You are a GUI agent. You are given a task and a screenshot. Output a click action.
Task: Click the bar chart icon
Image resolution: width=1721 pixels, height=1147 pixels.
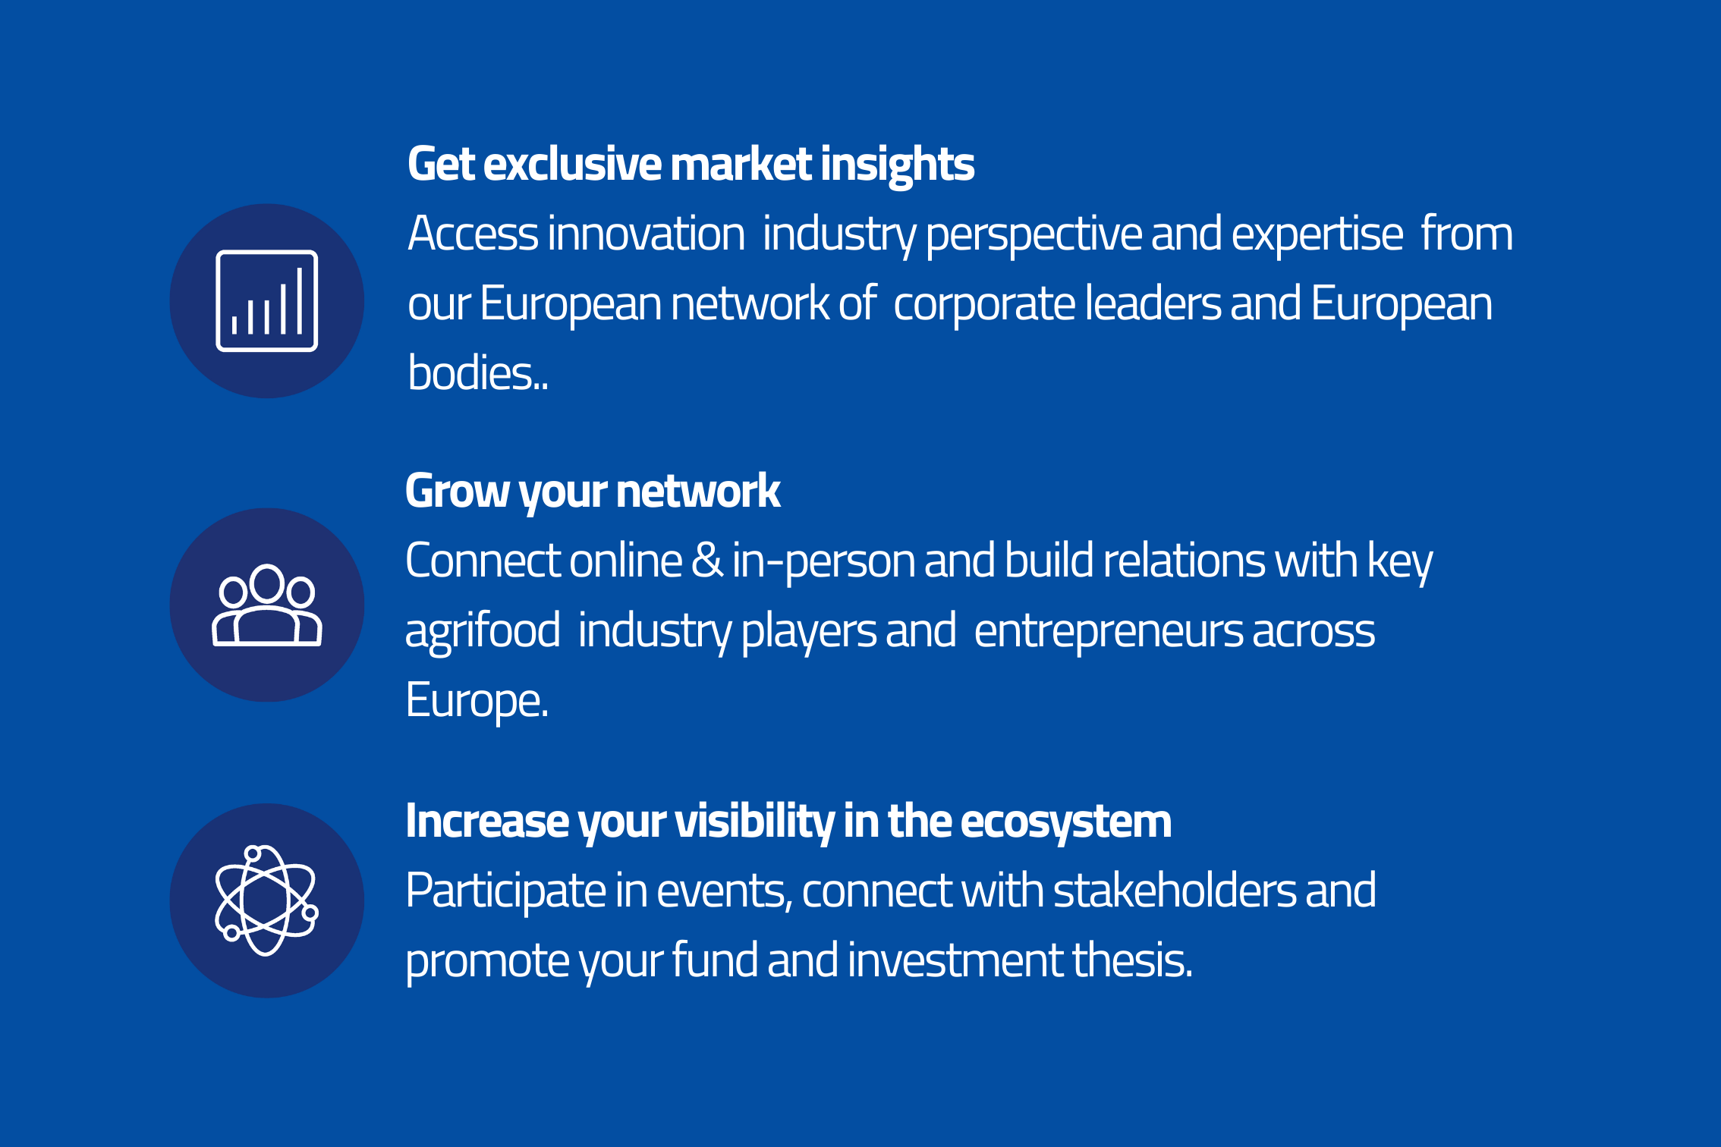pyautogui.click(x=266, y=300)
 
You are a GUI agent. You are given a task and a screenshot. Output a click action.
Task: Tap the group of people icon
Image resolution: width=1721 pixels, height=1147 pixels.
pyautogui.click(x=266, y=605)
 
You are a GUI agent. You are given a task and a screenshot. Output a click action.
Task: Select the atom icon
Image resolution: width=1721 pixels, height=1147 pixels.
pyautogui.click(x=266, y=900)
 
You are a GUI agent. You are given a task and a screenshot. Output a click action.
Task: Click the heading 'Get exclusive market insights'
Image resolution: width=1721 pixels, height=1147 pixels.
pyautogui.click(x=691, y=165)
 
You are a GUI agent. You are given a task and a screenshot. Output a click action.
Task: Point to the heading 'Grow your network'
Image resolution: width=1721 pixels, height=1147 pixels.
pyautogui.click(x=593, y=492)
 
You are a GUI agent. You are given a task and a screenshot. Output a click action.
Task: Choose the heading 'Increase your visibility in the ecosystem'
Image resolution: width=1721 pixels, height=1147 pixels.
pyautogui.click(x=788, y=822)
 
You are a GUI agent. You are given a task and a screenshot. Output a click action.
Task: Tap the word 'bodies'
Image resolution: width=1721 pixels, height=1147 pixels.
pyautogui.click(x=470, y=372)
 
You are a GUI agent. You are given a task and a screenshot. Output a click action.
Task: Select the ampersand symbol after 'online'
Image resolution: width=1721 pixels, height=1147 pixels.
pyautogui.click(x=707, y=561)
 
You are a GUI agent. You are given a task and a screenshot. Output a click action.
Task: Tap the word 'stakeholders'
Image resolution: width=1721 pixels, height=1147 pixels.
pyautogui.click(x=1175, y=891)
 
